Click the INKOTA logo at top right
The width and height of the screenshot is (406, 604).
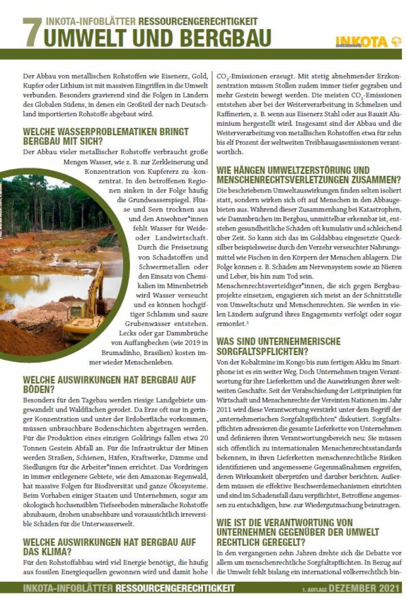(x=368, y=42)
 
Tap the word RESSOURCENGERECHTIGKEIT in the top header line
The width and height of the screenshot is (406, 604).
(x=198, y=22)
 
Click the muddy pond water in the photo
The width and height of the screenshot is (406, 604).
(x=42, y=285)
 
